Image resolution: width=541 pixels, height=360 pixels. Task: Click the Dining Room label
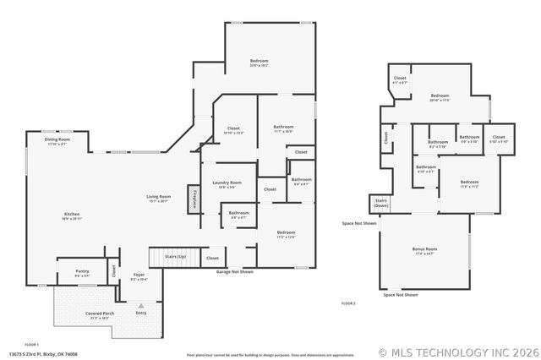tap(57, 141)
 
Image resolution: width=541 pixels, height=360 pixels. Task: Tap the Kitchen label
tap(72, 216)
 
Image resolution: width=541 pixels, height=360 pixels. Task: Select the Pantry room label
tap(83, 273)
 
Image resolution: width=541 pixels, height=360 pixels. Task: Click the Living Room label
tap(159, 199)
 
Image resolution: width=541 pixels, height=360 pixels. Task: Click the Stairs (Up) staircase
tap(175, 257)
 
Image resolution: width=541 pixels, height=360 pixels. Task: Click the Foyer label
tap(139, 275)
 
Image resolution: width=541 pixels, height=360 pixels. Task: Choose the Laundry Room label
tap(231, 184)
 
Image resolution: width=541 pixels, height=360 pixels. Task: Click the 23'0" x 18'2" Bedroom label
tap(259, 63)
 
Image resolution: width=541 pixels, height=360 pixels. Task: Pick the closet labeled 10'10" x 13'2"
tap(233, 130)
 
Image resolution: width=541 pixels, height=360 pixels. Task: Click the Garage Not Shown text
tap(235, 272)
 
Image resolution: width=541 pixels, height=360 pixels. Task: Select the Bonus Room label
tap(424, 251)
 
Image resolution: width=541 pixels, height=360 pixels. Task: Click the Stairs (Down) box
tap(381, 204)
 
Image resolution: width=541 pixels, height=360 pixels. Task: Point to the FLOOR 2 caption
tap(348, 303)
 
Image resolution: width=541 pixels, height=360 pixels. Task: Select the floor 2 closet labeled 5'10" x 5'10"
tap(498, 139)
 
